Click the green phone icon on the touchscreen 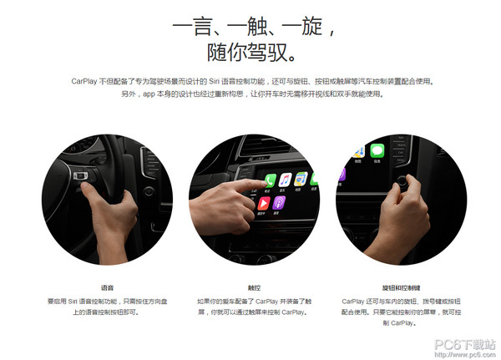pos(270,180)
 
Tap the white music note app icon pos(285,180)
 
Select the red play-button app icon pos(264,203)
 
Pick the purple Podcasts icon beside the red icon pos(279,203)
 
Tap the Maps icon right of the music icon pos(301,179)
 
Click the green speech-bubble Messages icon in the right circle pos(377,150)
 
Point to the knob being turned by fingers pos(402,181)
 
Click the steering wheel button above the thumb pos(80,175)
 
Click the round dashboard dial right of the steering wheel pos(149,191)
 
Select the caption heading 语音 pos(107,287)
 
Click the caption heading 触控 pos(254,287)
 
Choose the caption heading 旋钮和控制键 pos(401,287)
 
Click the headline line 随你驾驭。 pos(251,53)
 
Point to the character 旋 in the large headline pos(311,26)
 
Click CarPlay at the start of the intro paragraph pos(84,82)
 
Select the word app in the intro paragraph pos(149,94)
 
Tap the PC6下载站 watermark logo pos(464,345)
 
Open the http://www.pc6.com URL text pos(464,354)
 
